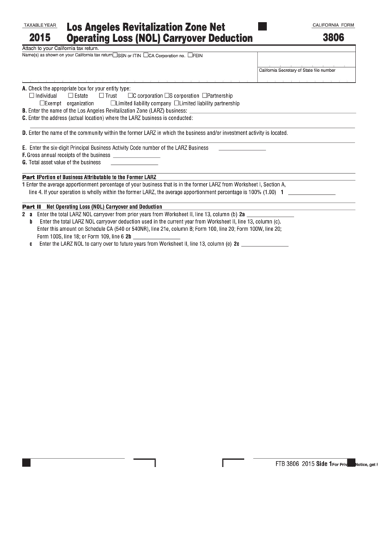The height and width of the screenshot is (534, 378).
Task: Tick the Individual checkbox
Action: pyautogui.click(x=31, y=96)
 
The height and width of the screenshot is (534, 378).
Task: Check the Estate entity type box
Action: pyautogui.click(x=71, y=96)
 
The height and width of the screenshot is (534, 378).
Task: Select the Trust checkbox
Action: pyautogui.click(x=102, y=96)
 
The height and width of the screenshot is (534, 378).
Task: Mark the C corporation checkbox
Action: pyautogui.click(x=131, y=96)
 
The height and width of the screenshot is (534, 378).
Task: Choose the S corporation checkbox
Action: pyautogui.click(x=167, y=96)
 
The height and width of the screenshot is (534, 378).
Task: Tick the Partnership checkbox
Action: pyautogui.click(x=205, y=96)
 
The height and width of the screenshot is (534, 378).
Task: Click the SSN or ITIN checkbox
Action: pyautogui.click(x=116, y=54)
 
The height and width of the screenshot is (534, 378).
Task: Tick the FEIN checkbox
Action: pyautogui.click(x=190, y=54)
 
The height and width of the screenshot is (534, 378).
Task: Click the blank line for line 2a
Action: pyautogui.click(x=270, y=214)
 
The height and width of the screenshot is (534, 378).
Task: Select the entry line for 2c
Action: pyautogui.click(x=265, y=244)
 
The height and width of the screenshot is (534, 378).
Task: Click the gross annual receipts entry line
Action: pyautogui.click(x=136, y=155)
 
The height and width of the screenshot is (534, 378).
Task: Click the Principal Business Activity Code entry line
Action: pyautogui.click(x=241, y=148)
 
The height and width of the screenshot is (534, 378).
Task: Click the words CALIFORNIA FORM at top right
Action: pyautogui.click(x=333, y=25)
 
